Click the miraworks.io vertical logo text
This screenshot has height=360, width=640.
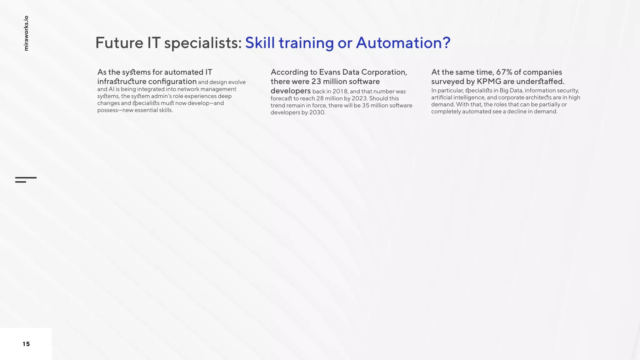tap(26, 33)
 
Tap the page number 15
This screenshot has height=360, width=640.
tap(26, 344)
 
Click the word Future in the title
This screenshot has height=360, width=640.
tap(119, 43)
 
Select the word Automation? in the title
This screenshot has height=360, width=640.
tap(403, 43)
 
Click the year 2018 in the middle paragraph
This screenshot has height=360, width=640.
tap(340, 92)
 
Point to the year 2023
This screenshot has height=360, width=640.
tap(359, 98)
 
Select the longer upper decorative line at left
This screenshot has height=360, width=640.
tap(26, 178)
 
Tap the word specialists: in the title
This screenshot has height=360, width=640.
tap(203, 43)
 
